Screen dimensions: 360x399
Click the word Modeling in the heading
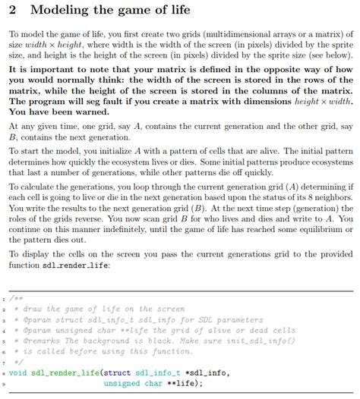click(x=63, y=11)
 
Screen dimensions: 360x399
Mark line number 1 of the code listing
click(x=4, y=298)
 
